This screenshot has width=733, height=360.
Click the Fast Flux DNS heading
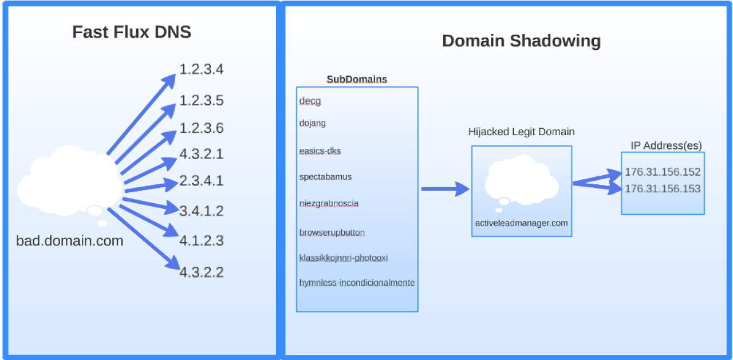(x=132, y=32)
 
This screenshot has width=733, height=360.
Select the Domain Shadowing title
(x=521, y=41)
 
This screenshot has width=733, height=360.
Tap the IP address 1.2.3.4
(x=202, y=70)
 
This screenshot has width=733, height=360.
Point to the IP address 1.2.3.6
(x=202, y=128)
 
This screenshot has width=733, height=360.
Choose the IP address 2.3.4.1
(x=202, y=181)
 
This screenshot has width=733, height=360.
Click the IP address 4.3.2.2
(x=202, y=272)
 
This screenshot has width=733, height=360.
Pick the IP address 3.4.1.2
(x=202, y=211)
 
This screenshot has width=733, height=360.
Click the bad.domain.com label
(x=70, y=241)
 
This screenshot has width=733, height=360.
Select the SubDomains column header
(x=357, y=80)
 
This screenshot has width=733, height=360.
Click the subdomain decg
(x=310, y=101)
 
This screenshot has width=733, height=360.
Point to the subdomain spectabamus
(x=325, y=177)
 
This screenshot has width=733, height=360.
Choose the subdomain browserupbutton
(x=332, y=232)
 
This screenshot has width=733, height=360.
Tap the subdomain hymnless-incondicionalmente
(x=357, y=283)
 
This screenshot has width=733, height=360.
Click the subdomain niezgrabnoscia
(x=329, y=203)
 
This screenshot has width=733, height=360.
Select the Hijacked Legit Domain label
(x=521, y=132)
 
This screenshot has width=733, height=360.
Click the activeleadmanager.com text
(x=521, y=223)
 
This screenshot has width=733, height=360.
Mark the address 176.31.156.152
(x=663, y=172)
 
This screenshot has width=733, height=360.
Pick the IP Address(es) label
(x=666, y=145)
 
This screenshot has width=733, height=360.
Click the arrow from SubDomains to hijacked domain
(x=446, y=189)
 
